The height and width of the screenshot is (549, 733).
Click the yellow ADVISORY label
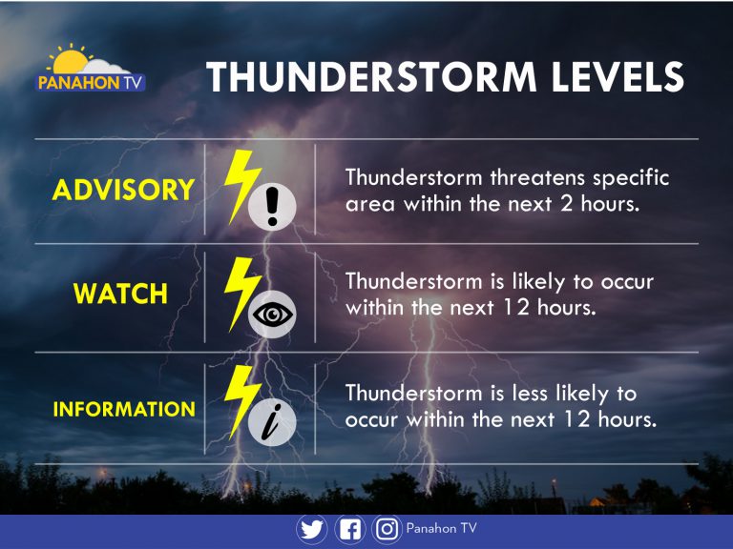coord(123,191)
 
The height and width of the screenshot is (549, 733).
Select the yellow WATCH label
coord(120,295)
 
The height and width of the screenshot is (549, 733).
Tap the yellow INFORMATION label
coord(124,410)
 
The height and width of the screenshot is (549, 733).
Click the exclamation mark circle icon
coord(272,206)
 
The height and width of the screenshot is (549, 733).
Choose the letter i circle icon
coord(272,422)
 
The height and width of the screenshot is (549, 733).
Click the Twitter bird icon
coord(312,529)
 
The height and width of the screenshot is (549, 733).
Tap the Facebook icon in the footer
coord(349,529)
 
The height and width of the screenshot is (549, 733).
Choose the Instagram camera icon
coord(387,529)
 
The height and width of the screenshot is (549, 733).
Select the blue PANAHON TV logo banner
coord(91,83)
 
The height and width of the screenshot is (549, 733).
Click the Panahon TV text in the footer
coord(441,528)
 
